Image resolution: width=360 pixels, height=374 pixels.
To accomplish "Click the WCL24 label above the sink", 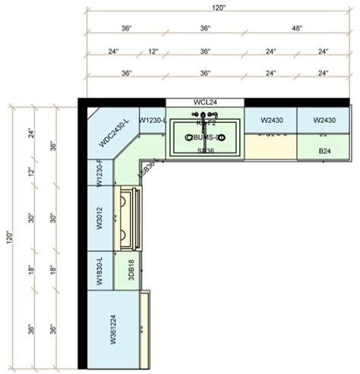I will click(x=205, y=102).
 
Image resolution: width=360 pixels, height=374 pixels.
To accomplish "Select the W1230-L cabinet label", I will click(x=152, y=120).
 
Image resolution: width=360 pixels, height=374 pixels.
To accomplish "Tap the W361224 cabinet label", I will click(x=113, y=331).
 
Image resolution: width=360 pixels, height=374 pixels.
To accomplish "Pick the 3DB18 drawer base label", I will click(x=130, y=269).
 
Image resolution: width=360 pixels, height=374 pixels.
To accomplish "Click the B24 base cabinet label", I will click(x=324, y=151).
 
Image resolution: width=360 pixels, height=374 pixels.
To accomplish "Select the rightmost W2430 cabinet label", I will click(x=324, y=120).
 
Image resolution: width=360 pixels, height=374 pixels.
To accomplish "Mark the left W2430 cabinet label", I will click(x=271, y=120).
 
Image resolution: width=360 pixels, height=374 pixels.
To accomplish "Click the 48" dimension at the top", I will click(x=295, y=28).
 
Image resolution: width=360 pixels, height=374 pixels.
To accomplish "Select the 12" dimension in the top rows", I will click(x=153, y=52).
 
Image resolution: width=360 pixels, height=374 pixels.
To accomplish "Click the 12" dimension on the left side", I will click(x=31, y=172).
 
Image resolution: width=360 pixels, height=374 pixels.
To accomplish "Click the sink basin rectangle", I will click(x=205, y=137).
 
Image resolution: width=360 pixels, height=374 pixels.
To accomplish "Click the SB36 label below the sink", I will click(x=205, y=152).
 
